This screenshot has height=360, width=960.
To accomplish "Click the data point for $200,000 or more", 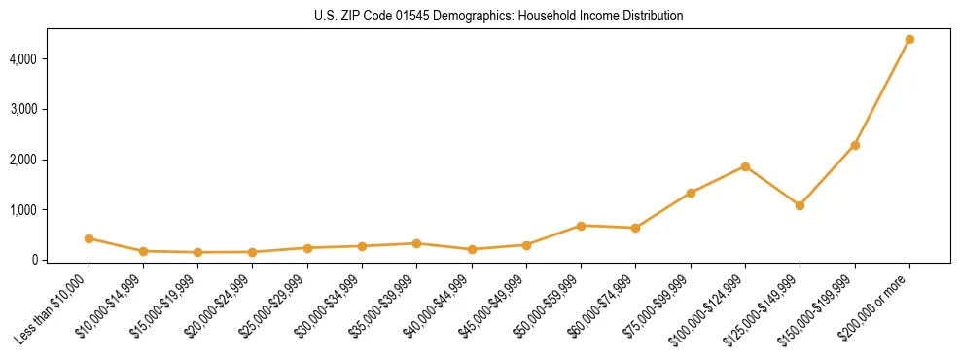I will (x=909, y=40).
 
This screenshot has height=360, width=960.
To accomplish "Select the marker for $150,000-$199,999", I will (x=855, y=145).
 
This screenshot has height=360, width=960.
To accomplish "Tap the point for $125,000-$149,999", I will (x=800, y=205).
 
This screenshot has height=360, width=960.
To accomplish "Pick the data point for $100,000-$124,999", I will (x=745, y=166).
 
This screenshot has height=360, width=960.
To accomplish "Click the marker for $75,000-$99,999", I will (x=691, y=193).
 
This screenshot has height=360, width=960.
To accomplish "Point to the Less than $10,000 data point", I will (x=89, y=238).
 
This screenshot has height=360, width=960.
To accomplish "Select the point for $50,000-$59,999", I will (x=581, y=226).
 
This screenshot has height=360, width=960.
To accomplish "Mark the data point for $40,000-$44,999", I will (x=472, y=249).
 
